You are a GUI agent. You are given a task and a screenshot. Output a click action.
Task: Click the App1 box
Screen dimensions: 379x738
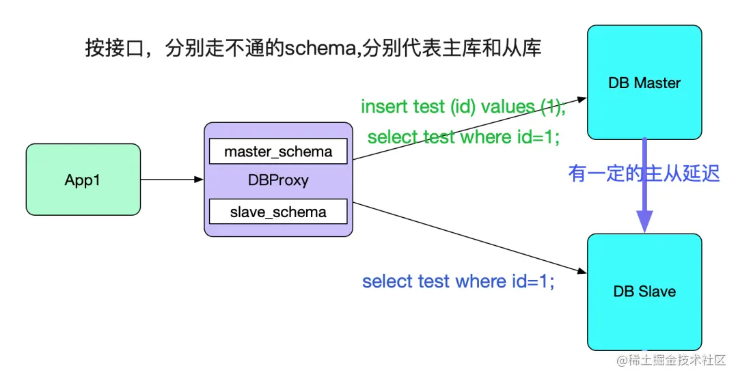coord(83,180)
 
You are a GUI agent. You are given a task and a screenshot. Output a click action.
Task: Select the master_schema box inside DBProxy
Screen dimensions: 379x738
coord(278,151)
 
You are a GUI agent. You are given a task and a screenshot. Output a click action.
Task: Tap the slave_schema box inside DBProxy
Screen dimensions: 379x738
coord(278,212)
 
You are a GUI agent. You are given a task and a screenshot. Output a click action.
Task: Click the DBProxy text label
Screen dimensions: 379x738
coord(278,180)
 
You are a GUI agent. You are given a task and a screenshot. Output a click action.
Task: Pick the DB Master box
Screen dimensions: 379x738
coord(644,83)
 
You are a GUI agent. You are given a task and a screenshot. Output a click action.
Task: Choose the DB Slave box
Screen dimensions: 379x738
coord(644,292)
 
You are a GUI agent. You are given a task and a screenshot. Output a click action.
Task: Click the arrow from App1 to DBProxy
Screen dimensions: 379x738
coord(171,180)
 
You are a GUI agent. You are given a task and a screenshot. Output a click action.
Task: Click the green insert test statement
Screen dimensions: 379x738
coord(463,107)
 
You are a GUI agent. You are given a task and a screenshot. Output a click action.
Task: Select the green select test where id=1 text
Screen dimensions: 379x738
coord(463,137)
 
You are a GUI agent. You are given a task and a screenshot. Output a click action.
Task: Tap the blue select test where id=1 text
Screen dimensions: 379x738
coord(458,281)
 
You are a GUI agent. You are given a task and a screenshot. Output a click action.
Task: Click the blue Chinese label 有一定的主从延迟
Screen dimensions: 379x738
coord(644,173)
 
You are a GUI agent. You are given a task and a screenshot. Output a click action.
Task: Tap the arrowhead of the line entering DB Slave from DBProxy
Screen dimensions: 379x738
coord(582,272)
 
